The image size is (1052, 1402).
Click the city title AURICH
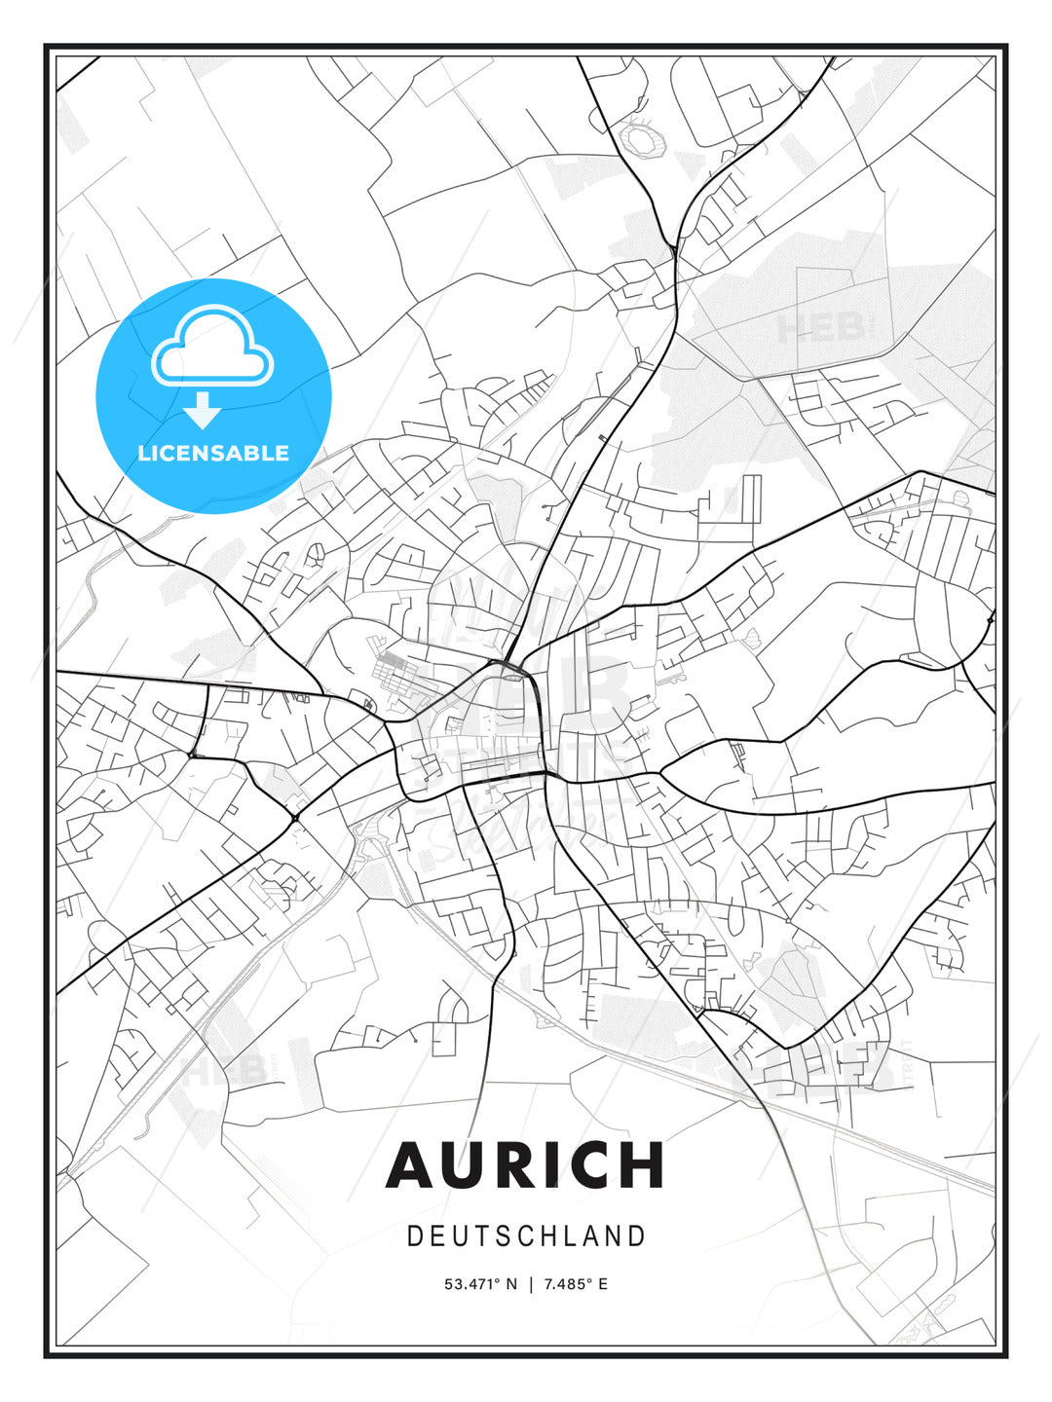click(x=525, y=1164)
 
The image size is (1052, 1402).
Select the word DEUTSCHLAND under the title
click(x=526, y=1236)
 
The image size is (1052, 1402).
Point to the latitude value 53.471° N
click(x=481, y=1284)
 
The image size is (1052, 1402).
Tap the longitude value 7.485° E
click(x=576, y=1284)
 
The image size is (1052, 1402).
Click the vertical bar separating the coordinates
click(x=531, y=1284)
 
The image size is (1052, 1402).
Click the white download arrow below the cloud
click(x=203, y=410)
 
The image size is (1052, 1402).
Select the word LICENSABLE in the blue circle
click(x=213, y=453)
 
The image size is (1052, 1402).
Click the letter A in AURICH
click(x=412, y=1164)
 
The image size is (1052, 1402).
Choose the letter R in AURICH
click(x=514, y=1164)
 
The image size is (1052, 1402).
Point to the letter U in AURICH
click(x=465, y=1164)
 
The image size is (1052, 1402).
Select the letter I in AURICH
click(x=550, y=1164)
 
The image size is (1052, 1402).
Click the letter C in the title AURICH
click(x=589, y=1164)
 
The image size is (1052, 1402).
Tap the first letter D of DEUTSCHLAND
click(x=414, y=1236)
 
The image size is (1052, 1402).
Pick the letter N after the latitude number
click(x=512, y=1284)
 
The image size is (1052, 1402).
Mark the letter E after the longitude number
click(x=603, y=1284)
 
